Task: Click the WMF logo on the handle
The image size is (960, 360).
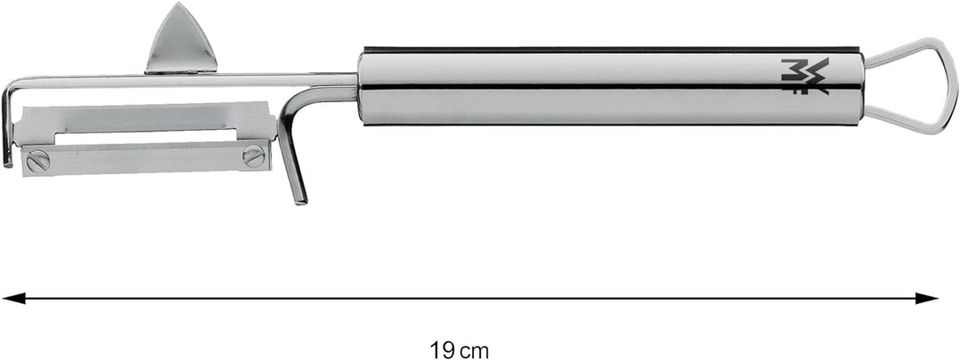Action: (x=805, y=76)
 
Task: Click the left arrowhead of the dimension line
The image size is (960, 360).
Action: (x=11, y=299)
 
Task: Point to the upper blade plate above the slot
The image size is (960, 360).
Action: (x=142, y=116)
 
